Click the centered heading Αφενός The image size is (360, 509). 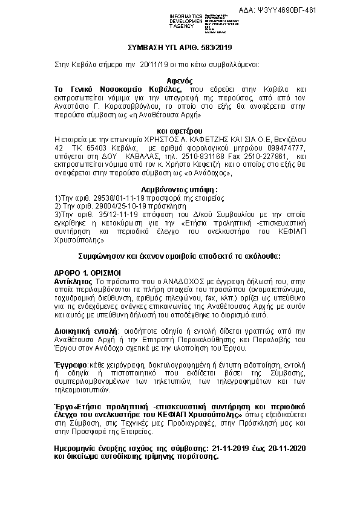(180, 79)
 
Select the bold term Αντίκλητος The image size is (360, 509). (73, 282)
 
